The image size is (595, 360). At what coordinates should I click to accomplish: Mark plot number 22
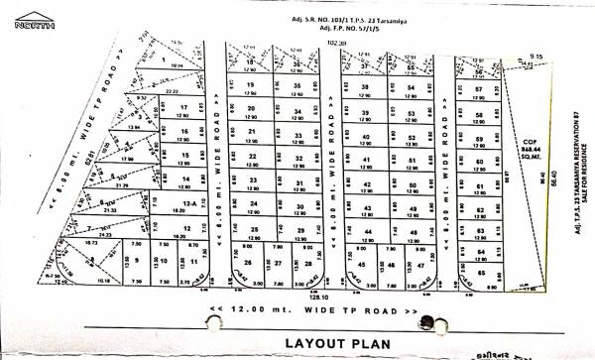coord(252,156)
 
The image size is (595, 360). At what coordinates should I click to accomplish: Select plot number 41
coord(365,160)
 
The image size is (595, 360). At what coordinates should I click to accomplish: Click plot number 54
coord(411,88)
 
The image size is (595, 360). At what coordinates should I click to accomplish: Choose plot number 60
coord(479,162)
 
